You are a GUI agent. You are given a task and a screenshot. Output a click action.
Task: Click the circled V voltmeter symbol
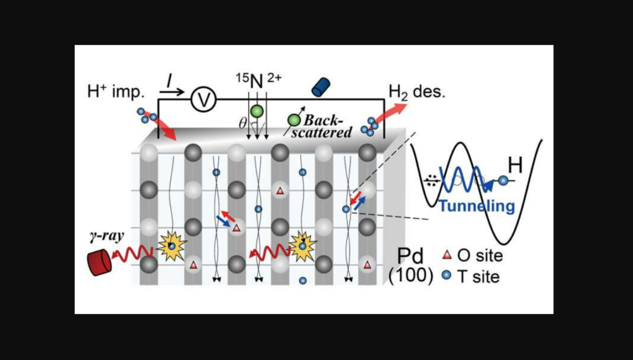click(x=201, y=99)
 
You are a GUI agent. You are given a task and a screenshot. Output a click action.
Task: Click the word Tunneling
click(x=476, y=206)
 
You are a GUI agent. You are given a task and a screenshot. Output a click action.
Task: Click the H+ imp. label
click(x=115, y=92)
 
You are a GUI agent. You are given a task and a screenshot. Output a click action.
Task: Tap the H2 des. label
click(x=417, y=92)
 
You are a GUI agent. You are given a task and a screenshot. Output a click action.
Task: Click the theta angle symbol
click(x=242, y=123)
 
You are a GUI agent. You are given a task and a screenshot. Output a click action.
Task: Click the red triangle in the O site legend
click(x=447, y=257)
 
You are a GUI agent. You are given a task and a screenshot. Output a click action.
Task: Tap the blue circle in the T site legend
click(x=447, y=276)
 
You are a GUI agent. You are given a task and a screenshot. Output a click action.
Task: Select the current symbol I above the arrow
click(x=169, y=81)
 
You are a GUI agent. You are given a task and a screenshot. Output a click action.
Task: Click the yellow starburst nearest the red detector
click(x=171, y=246)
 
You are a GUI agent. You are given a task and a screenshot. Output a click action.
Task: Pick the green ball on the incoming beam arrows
click(x=257, y=111)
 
